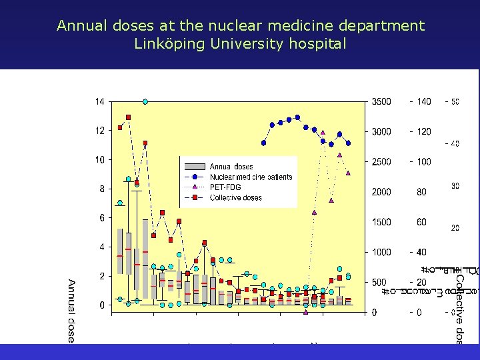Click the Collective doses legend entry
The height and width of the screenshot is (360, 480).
pyautogui.click(x=235, y=197)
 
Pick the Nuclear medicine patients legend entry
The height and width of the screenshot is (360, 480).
pyautogui.click(x=251, y=177)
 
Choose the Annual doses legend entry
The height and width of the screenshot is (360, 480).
pyautogui.click(x=231, y=167)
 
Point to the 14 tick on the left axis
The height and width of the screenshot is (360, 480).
pyautogui.click(x=99, y=102)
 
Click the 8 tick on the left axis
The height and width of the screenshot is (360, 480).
pyautogui.click(x=101, y=189)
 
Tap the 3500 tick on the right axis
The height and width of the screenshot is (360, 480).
pyautogui.click(x=381, y=102)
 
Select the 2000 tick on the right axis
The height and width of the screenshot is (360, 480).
pyautogui.click(x=381, y=192)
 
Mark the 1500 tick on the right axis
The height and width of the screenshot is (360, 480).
pyautogui.click(x=381, y=222)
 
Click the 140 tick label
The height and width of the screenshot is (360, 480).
pyautogui.click(x=424, y=102)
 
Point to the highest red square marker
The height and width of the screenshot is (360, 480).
pyautogui.click(x=129, y=117)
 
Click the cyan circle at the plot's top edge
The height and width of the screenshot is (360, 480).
pyautogui.click(x=145, y=102)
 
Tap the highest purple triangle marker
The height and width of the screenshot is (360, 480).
pyautogui.click(x=323, y=133)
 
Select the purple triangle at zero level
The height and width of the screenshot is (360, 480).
pyautogui.click(x=305, y=311)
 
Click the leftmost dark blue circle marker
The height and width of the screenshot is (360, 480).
pyautogui.click(x=264, y=143)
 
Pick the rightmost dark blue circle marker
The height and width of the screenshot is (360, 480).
pyautogui.click(x=348, y=143)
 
